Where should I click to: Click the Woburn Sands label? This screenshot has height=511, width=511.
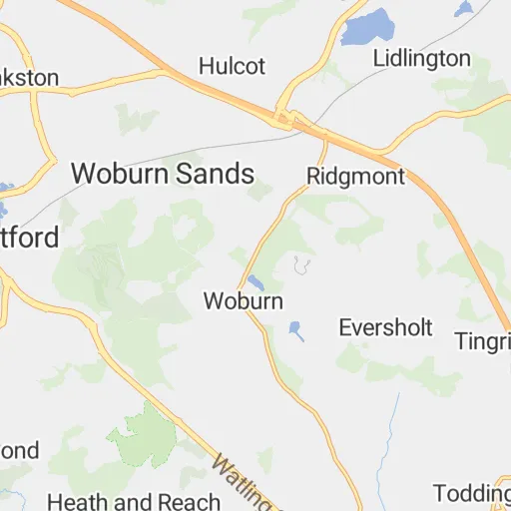coord(163,174)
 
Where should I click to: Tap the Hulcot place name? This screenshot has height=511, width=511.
coord(232,66)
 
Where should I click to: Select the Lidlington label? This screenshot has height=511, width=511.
coord(421,57)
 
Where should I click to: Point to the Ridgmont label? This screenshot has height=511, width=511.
coord(356,177)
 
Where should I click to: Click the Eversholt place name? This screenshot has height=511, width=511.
coord(385,327)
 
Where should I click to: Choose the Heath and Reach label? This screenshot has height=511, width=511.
coord(133,501)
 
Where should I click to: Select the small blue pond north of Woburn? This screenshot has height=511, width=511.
coord(255,281)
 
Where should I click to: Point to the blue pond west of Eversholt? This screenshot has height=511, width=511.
coord(296,329)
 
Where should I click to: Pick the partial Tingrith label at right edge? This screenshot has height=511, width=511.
coord(483,340)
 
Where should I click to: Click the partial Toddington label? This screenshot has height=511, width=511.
coord(473,493)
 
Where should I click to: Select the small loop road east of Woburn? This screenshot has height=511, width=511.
coord(301,265)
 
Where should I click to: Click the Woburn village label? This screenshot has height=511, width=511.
coord(243,300)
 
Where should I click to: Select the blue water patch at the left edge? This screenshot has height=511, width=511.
coord(5,189)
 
